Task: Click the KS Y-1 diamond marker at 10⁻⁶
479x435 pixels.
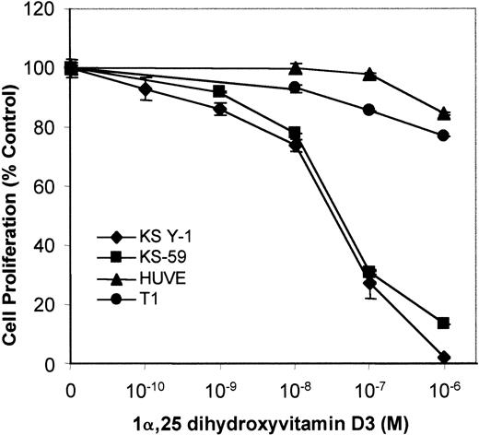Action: [444, 358]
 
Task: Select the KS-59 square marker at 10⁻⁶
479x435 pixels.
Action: [444, 323]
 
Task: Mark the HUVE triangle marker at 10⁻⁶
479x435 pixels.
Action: [444, 113]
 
